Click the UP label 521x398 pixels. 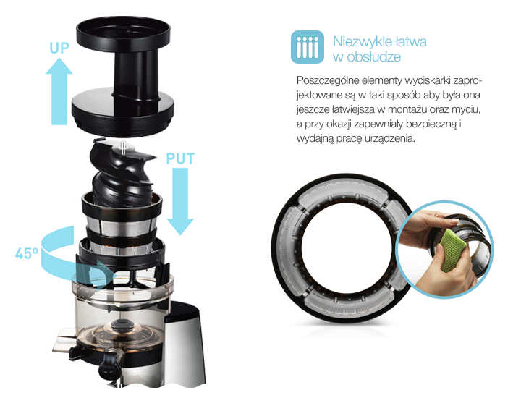[x=59, y=48]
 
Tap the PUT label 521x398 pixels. [x=180, y=158]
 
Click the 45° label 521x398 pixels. [x=27, y=253]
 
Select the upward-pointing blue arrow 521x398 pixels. [x=59, y=91]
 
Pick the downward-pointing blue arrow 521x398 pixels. [x=180, y=201]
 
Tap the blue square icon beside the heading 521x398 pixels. [x=308, y=47]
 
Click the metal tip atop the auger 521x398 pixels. [x=124, y=147]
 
